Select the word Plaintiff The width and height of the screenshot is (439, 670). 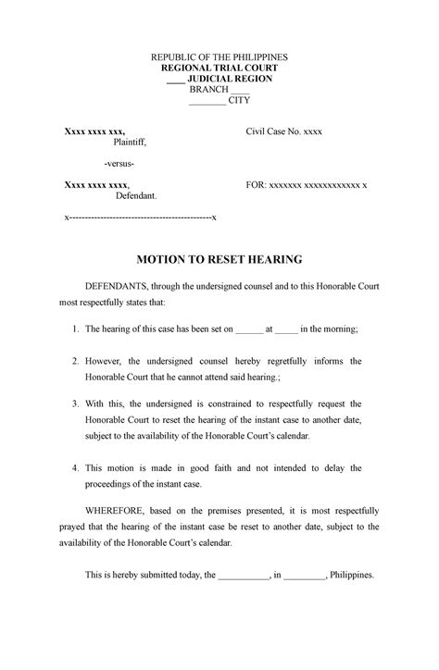(x=130, y=143)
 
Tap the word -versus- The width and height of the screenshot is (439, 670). (x=119, y=165)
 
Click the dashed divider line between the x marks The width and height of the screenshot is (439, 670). (x=139, y=217)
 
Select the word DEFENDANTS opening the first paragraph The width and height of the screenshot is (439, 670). (x=116, y=287)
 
